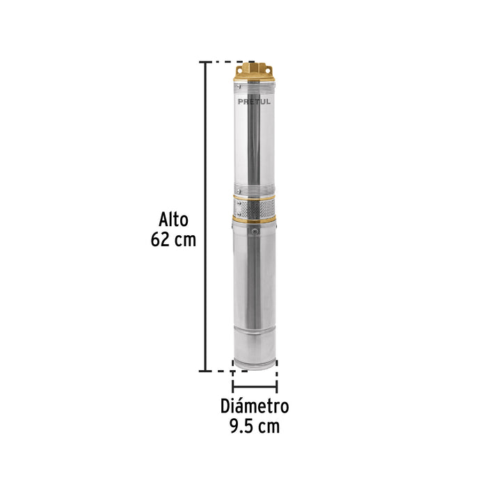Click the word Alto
click(x=173, y=220)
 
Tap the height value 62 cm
click(x=173, y=241)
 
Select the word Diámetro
click(x=255, y=406)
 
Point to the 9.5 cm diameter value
click(x=255, y=426)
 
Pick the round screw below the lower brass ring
click(x=255, y=230)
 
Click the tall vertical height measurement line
click(x=205, y=216)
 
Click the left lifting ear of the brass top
click(x=241, y=67)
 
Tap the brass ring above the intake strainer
click(x=255, y=197)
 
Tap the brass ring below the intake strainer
click(x=255, y=218)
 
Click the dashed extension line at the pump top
click(x=223, y=62)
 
